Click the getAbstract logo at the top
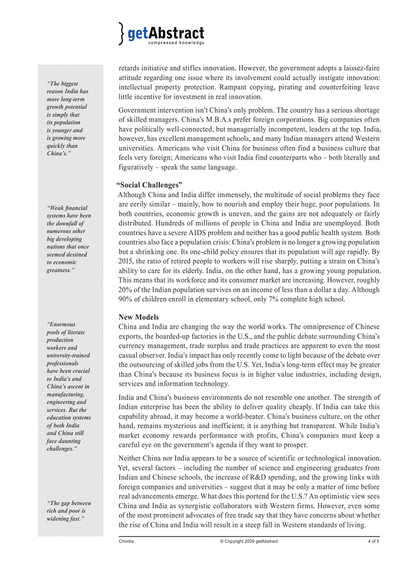[161, 33]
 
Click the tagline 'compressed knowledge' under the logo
[176, 43]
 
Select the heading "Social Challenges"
[149, 185]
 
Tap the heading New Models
[139, 317]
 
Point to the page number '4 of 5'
[374, 541]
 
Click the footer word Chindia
[127, 541]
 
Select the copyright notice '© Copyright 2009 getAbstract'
[249, 541]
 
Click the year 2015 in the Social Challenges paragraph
[127, 261]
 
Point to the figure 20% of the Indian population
[126, 290]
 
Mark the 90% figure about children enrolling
[126, 299]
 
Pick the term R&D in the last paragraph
[259, 477]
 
